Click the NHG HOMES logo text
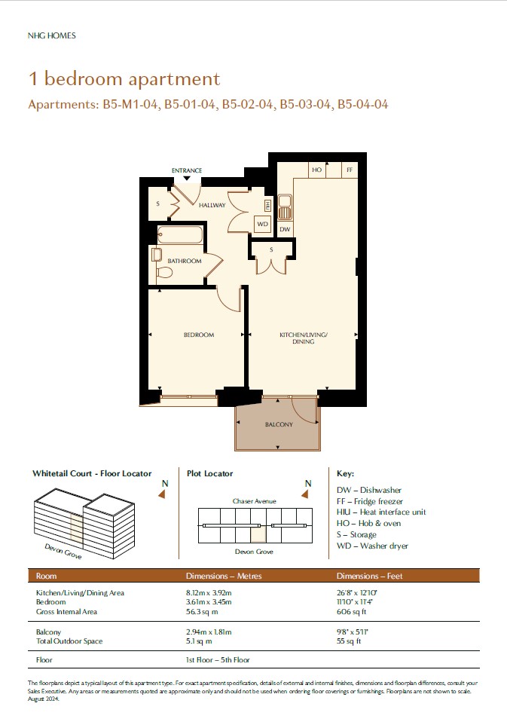click(x=51, y=35)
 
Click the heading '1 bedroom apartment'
click(x=124, y=79)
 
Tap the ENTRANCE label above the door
click(x=187, y=170)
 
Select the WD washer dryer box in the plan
click(x=263, y=224)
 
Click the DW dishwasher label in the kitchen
click(x=285, y=229)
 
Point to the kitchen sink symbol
click(x=285, y=207)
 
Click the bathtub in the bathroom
click(x=180, y=235)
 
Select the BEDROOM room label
click(x=199, y=335)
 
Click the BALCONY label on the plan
click(x=279, y=424)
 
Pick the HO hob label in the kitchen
click(x=316, y=170)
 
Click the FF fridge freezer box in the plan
click(x=350, y=170)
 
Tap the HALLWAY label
click(x=212, y=205)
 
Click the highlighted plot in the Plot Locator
click(x=258, y=534)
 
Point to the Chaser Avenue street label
click(x=255, y=501)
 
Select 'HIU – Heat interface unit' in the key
click(x=381, y=512)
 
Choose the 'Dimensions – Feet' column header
click(x=370, y=576)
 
